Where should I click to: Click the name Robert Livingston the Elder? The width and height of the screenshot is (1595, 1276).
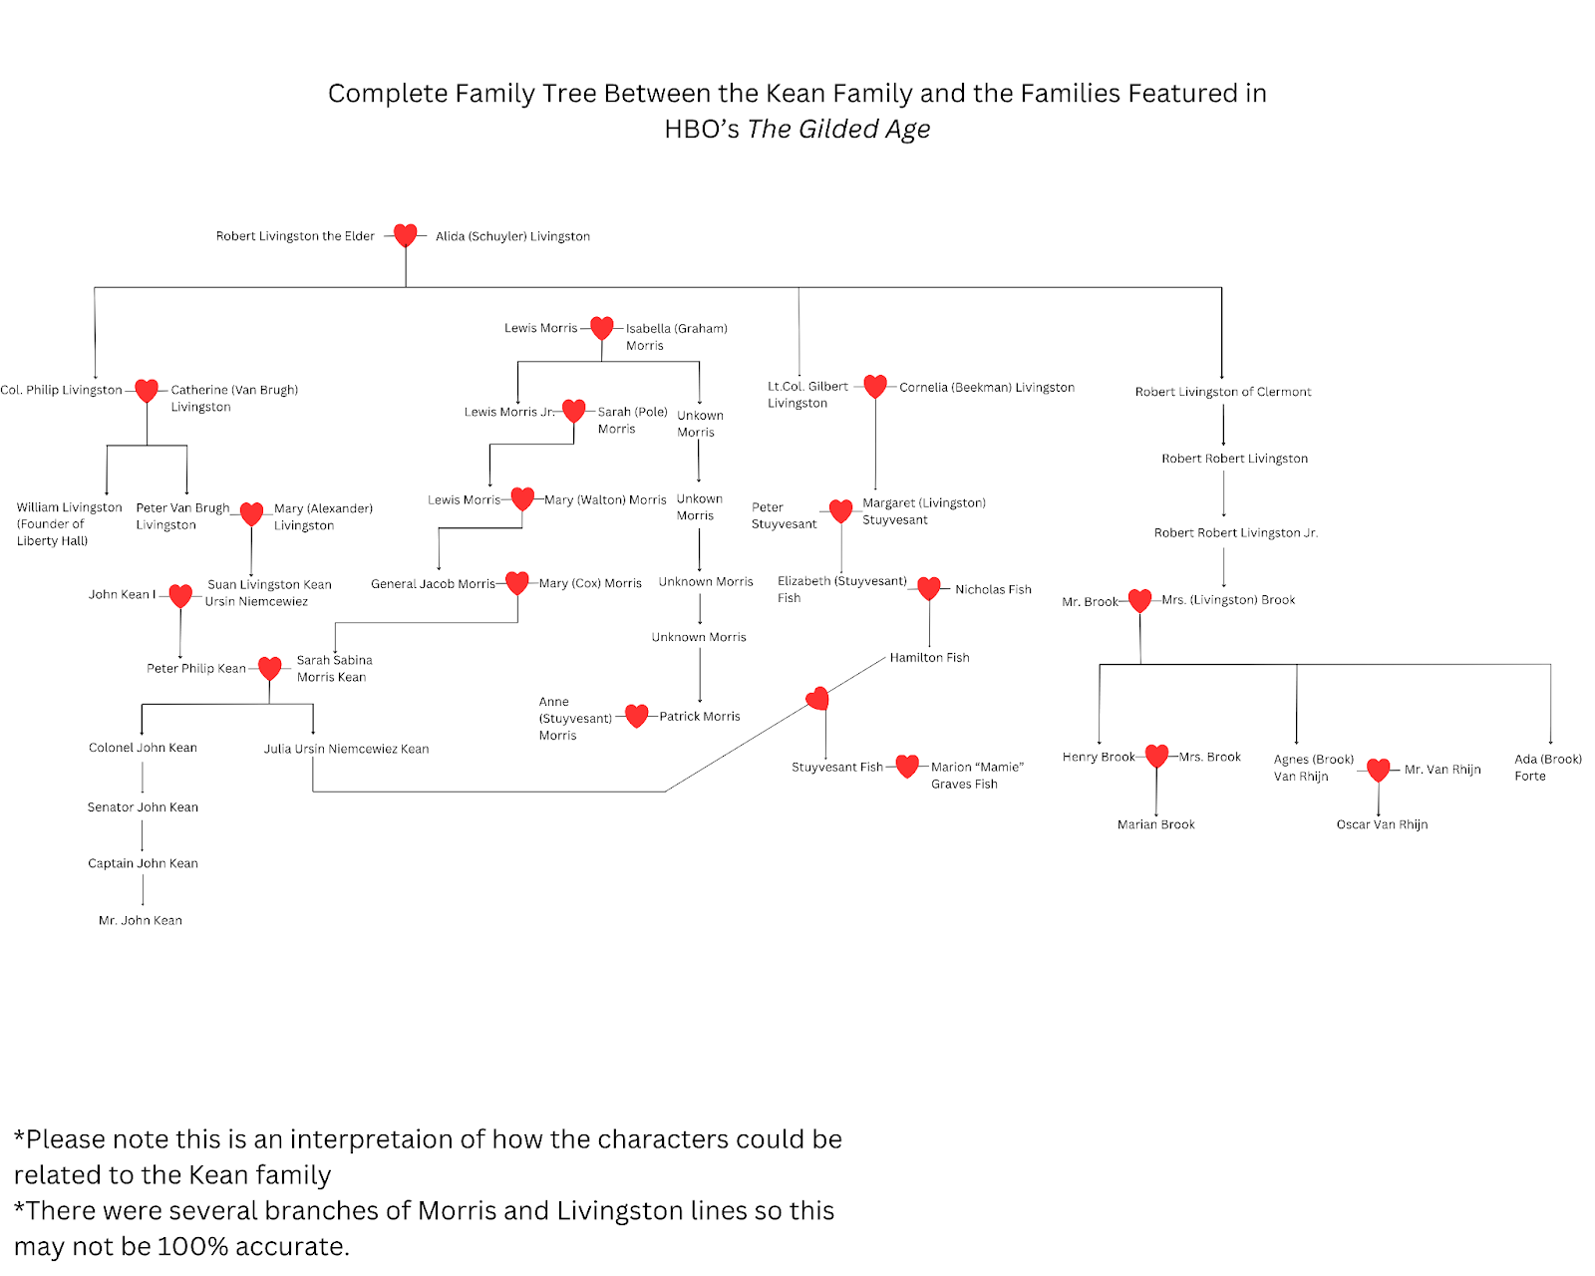pos(295,236)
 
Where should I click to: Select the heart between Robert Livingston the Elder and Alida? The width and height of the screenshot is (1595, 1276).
pos(405,235)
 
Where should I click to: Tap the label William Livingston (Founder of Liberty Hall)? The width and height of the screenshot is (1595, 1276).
pos(68,523)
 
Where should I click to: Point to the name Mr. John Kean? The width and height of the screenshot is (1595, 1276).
pos(141,920)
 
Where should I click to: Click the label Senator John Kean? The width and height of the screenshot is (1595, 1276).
pos(143,807)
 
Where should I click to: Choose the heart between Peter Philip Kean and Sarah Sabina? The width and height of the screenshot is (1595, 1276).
pos(269,668)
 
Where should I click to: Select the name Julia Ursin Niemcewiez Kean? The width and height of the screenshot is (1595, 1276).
pos(346,749)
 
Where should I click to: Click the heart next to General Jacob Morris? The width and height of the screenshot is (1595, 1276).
pos(516,582)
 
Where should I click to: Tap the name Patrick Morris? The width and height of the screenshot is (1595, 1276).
pos(699,716)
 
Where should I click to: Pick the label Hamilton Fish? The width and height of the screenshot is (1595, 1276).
pos(929,657)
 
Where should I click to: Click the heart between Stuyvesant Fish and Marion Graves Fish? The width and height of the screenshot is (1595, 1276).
pos(906,766)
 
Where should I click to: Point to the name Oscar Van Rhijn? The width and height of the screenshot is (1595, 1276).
pos(1382,824)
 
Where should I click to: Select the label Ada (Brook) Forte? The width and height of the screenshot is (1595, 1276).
pos(1547,767)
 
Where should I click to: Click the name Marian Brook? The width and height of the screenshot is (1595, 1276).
pos(1155,824)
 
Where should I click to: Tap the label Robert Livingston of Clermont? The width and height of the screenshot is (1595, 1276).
pos(1222,392)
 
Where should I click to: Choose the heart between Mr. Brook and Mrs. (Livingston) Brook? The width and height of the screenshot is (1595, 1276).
pos(1139,600)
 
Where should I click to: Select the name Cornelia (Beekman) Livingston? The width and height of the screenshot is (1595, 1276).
pos(986,388)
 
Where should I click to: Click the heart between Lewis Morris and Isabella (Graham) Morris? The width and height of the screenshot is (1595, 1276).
pos(601,327)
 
